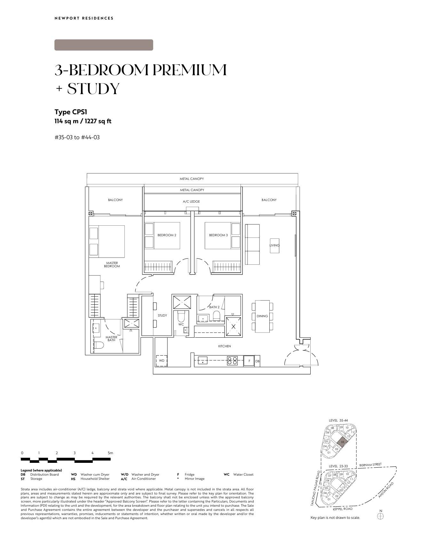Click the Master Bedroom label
112,265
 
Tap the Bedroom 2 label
167,235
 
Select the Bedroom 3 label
218,235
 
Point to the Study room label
162,316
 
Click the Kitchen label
225,346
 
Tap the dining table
262,316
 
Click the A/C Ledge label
191,202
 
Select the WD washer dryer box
162,361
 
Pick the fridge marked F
249,361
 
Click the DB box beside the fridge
258,361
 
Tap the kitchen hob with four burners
233,361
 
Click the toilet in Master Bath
99,345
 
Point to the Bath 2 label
214,307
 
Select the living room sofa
253,244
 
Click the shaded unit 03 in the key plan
342,442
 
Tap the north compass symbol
380,516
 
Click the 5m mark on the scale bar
110,453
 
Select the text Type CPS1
71,112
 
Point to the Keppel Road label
343,509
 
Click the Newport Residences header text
84,18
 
